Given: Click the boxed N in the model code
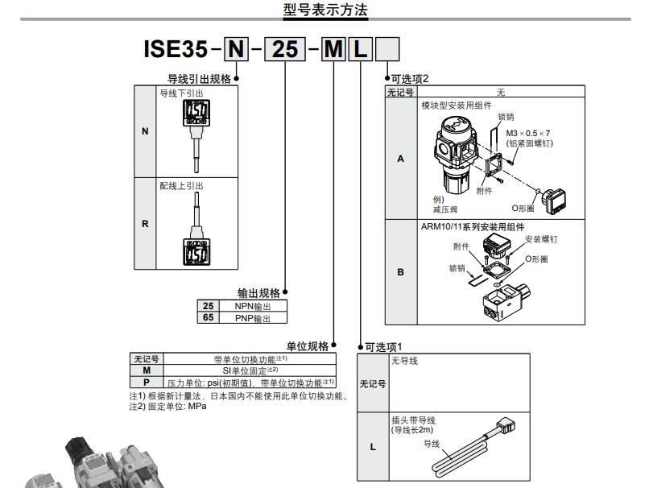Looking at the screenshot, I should point(236,51).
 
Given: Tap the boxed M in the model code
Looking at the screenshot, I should point(333,51).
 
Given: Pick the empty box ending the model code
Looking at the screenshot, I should point(388,51).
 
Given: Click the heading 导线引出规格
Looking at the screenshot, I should point(198,79).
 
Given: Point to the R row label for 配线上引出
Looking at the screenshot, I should point(145,223).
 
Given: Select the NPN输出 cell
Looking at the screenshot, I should point(253,307).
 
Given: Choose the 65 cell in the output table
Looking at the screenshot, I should point(209,318).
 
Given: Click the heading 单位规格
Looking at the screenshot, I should point(308,346).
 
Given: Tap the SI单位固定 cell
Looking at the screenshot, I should point(250,370).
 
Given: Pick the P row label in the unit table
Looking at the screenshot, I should point(146,383).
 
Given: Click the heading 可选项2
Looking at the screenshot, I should point(410,79).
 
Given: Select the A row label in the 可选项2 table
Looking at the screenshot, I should point(401,159).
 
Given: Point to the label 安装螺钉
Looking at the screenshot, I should point(541,239).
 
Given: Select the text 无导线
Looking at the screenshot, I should point(404,361).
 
